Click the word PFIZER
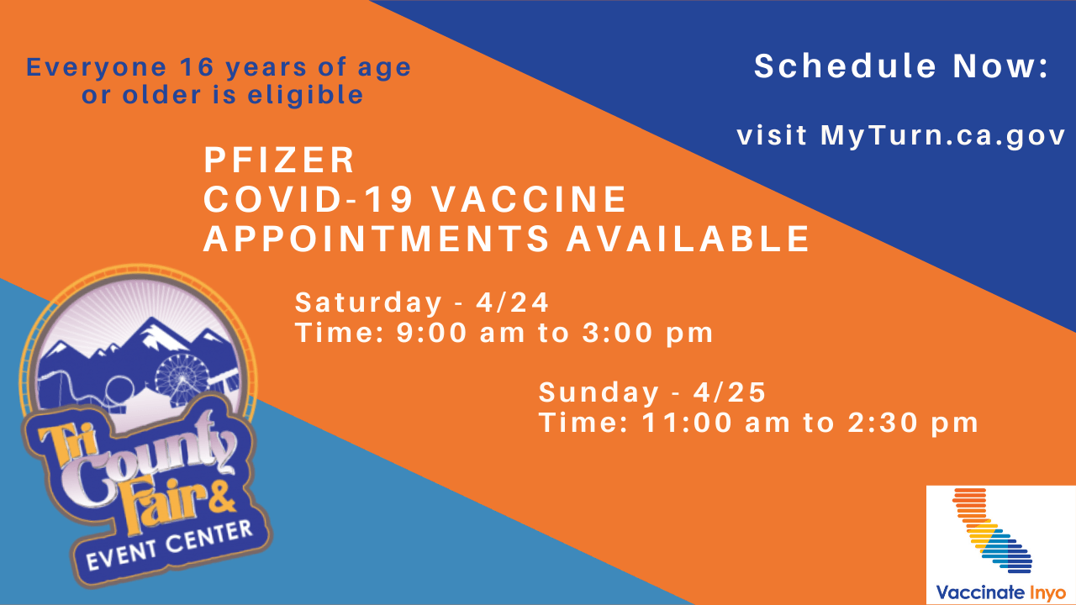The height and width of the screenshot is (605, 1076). pos(279,160)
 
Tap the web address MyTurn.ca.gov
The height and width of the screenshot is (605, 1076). pos(943,136)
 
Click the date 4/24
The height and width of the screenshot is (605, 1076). pos(512,302)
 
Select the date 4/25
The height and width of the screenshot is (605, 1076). pos(729,392)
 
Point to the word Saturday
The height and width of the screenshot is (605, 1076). pos(368,303)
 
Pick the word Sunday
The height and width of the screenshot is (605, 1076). pos(599,393)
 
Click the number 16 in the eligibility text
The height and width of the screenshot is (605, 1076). pos(197,66)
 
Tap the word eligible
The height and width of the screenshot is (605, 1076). pos(305,95)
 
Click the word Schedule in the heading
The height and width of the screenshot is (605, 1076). pos(846,66)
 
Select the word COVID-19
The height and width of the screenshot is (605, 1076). pos(309,199)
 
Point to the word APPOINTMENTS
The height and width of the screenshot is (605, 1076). pos(376,239)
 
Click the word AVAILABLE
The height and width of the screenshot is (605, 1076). pos(688,239)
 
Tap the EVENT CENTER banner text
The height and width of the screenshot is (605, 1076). pos(169,545)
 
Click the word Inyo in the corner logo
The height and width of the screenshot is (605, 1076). pos(1048,593)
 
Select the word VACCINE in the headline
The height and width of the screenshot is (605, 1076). pos(530,199)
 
